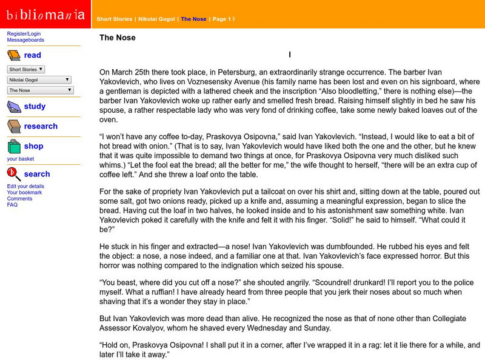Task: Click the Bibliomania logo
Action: tap(45, 13)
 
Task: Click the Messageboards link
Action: tap(26, 40)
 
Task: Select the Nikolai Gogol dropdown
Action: tap(39, 79)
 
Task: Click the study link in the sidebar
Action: tap(35, 107)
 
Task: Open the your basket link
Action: tap(21, 159)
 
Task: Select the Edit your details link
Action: tap(25, 186)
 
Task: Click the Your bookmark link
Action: tap(25, 193)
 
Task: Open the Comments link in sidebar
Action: tap(20, 199)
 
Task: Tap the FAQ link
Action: tap(13, 205)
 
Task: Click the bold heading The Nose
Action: tap(117, 38)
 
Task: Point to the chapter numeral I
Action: tap(290, 55)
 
